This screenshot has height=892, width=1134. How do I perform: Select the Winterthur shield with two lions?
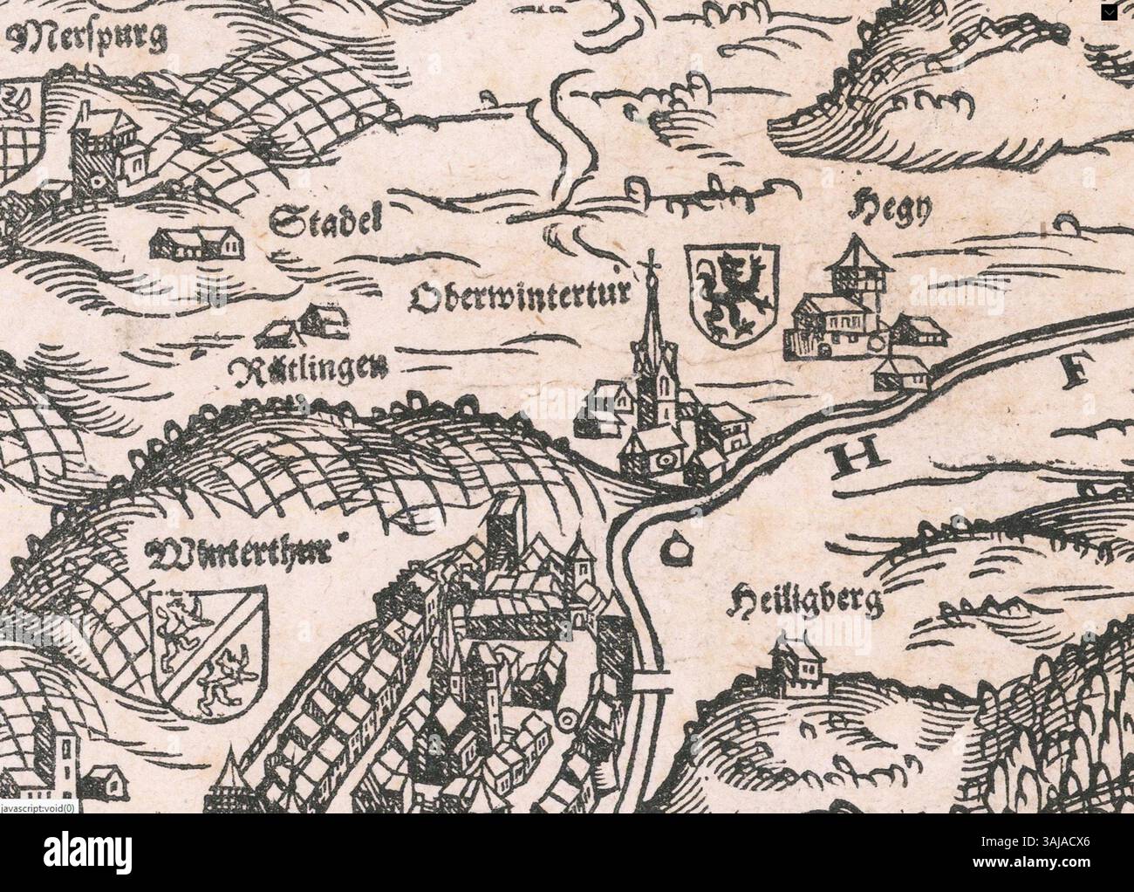click(208, 649)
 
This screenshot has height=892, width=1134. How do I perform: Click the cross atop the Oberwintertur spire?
click(650, 258)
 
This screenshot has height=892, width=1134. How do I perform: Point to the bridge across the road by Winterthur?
click(652, 680)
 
